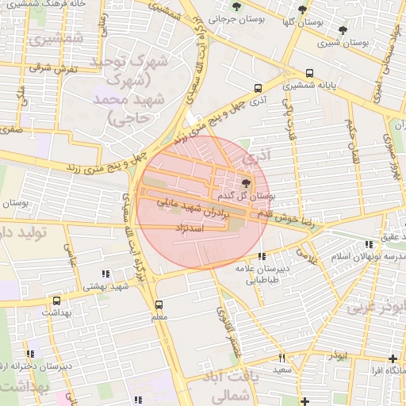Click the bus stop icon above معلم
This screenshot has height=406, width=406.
point(159,304)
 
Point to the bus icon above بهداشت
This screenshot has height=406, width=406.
point(56,301)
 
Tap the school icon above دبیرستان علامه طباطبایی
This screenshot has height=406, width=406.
point(262,256)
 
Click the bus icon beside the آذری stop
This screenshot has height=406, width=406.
point(257,89)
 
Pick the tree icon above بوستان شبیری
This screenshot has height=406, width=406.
point(340,31)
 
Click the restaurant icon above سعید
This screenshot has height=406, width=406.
point(282,358)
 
